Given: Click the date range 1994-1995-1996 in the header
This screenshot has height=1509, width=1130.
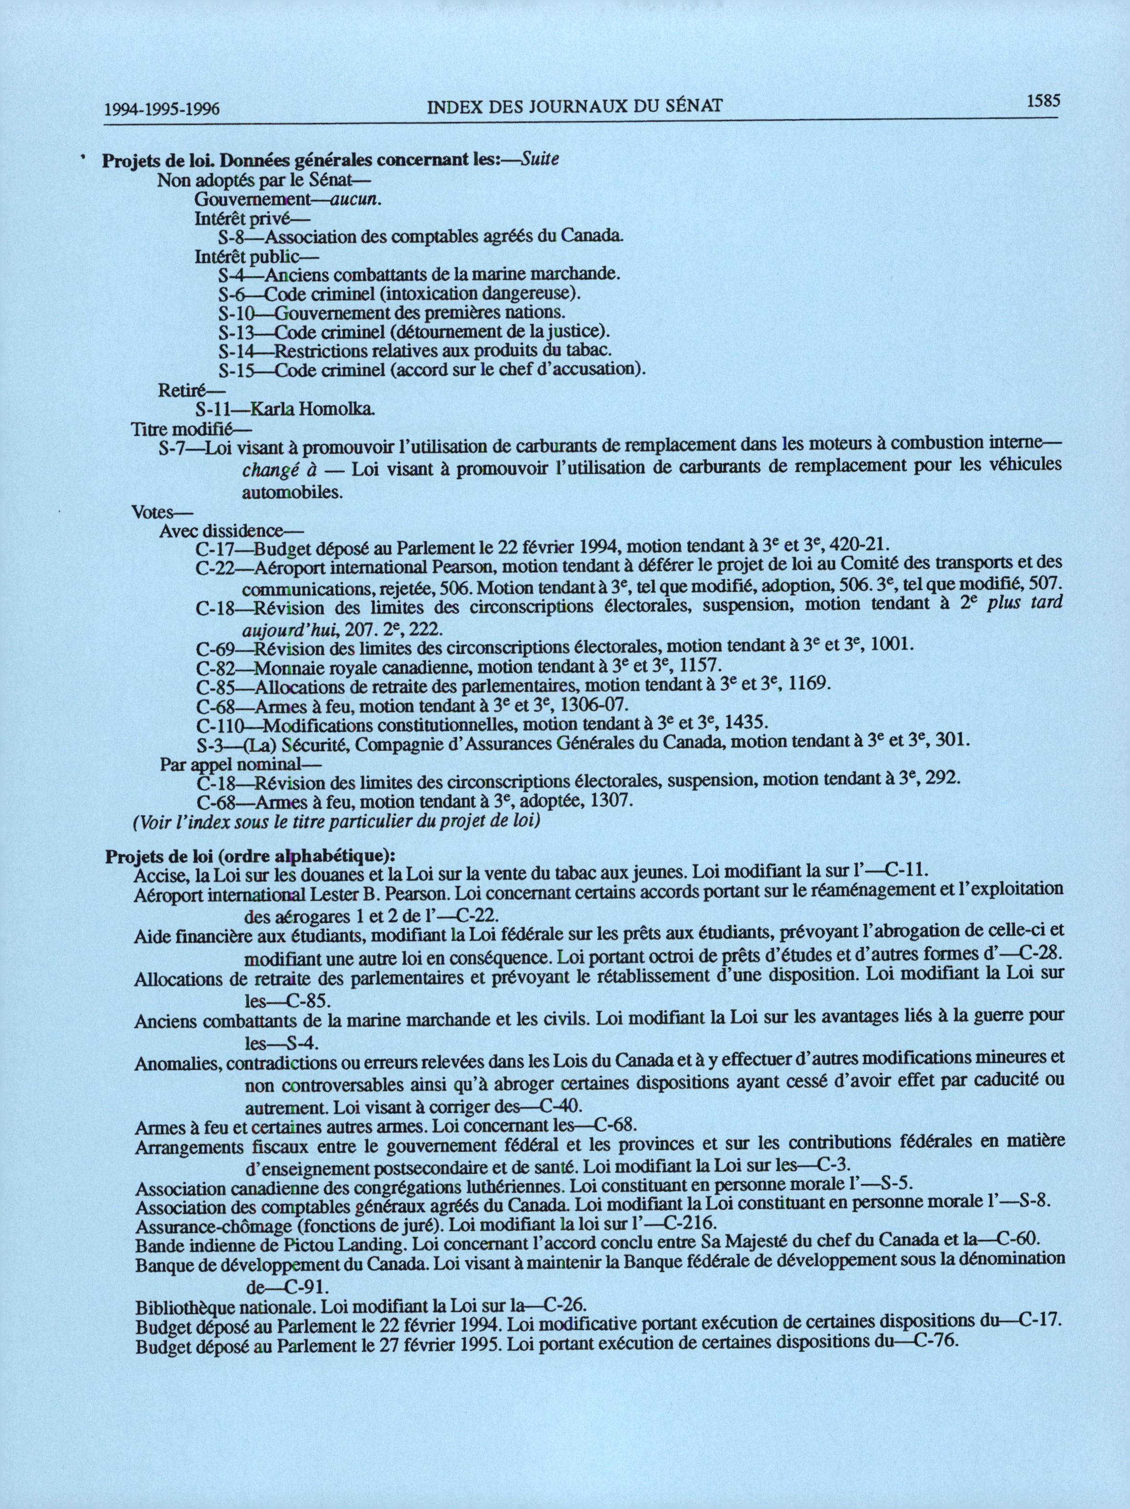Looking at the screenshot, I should [x=161, y=108].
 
